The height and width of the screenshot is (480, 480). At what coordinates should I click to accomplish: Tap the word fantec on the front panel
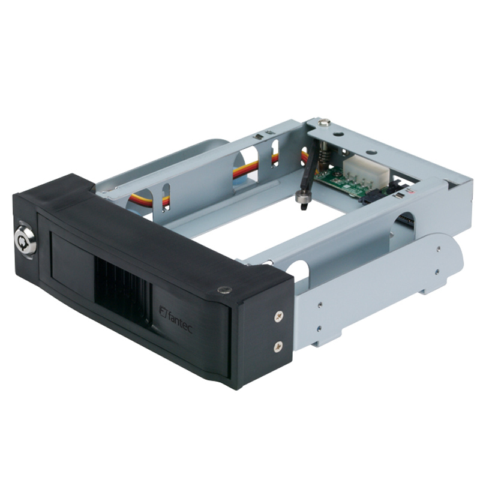tap(180, 317)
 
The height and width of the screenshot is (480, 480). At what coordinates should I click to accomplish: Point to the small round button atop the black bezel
tap(224, 290)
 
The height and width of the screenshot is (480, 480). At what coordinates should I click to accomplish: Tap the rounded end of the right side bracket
tap(450, 258)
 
